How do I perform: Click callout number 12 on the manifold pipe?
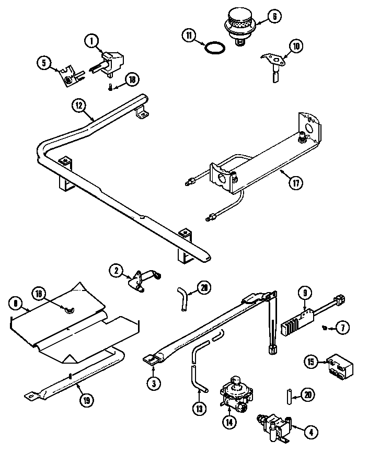pyautogui.click(x=78, y=105)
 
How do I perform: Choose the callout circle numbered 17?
pyautogui.click(x=296, y=183)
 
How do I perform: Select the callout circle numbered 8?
pyautogui.click(x=16, y=303)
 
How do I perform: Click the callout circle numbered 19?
pyautogui.click(x=86, y=401)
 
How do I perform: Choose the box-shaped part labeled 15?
pyautogui.click(x=336, y=366)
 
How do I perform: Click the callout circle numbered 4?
pyautogui.click(x=312, y=432)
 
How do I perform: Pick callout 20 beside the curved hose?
pyautogui.click(x=204, y=287)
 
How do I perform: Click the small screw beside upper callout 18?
pyautogui.click(x=110, y=87)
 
